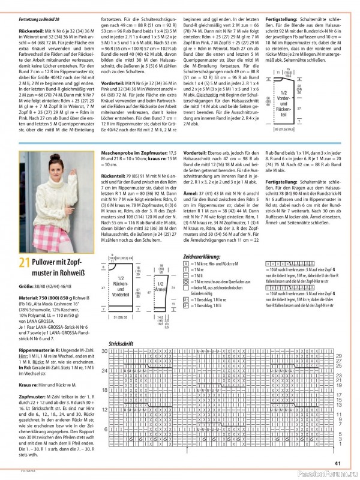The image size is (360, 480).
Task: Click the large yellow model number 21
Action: (x=23, y=262)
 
